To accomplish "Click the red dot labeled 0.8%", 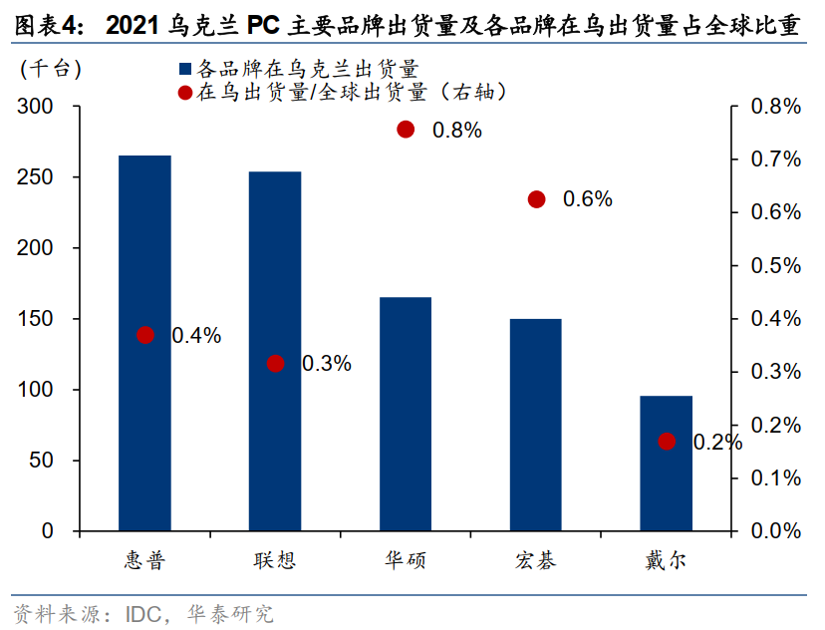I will (x=406, y=129).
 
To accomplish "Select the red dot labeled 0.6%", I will (x=537, y=199).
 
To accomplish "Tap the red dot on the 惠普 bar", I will (x=145, y=335).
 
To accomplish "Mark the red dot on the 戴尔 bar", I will (x=667, y=442).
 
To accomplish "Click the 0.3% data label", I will (x=326, y=364).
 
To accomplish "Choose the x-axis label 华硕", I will (x=406, y=559).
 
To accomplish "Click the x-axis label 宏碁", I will (x=536, y=559).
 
